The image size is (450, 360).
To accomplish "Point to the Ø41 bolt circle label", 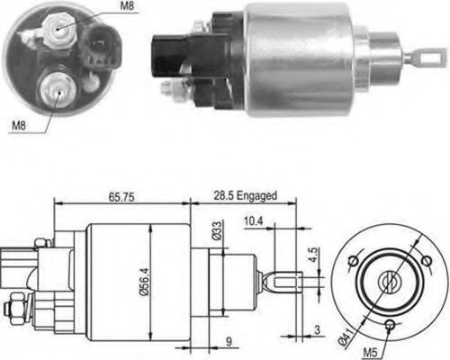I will pyautogui.click(x=347, y=338).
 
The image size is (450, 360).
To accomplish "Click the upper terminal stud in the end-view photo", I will pyautogui.click(x=60, y=30).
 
